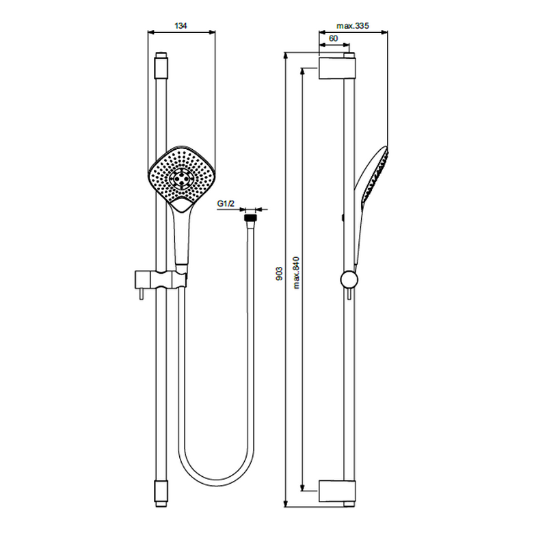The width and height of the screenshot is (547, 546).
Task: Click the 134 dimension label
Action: click(x=181, y=25)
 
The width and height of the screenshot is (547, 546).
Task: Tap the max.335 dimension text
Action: click(x=352, y=26)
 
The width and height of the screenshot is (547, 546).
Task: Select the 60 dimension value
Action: click(x=334, y=38)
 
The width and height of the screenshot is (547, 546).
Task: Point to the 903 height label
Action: click(x=279, y=274)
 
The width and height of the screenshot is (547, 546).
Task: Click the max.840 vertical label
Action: click(x=296, y=272)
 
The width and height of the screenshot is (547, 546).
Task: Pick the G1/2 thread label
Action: click(x=226, y=203)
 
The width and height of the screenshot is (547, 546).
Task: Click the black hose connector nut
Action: click(x=250, y=218)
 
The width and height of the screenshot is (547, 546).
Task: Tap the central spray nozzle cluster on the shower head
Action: click(x=181, y=179)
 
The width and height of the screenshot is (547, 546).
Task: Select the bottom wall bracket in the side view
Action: click(x=337, y=491)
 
